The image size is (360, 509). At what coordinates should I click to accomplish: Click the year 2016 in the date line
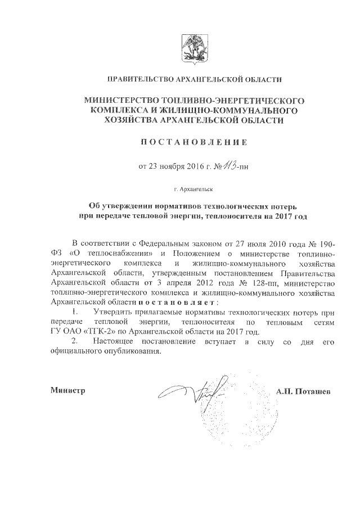pos(184,166)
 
